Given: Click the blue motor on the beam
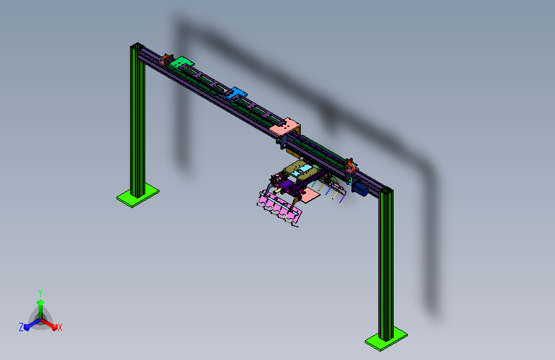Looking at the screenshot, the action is [360, 189].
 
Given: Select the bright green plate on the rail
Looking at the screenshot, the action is [181, 62].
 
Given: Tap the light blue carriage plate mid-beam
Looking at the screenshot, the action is [236, 94].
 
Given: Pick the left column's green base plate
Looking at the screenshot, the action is [138, 195].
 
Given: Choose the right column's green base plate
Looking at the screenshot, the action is [386, 339].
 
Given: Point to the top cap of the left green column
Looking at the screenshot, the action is [137, 45].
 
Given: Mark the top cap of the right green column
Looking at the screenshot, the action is [386, 191].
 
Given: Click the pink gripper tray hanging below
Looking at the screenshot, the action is [279, 208].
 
